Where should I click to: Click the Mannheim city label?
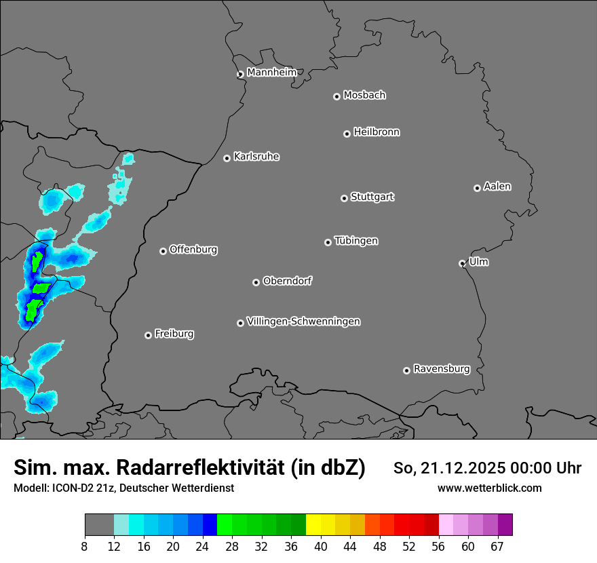click(271, 73)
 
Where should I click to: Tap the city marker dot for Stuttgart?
click(344, 198)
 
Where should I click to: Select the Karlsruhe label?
click(256, 157)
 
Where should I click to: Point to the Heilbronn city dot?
click(347, 134)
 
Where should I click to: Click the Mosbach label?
click(364, 96)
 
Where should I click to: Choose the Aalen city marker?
click(477, 188)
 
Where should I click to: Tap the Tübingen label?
click(356, 241)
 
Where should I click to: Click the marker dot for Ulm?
click(462, 263)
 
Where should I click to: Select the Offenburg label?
click(193, 250)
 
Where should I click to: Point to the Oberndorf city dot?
click(256, 282)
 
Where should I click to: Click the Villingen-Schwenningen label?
click(303, 322)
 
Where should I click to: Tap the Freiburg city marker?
click(148, 335)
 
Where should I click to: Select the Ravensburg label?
click(442, 369)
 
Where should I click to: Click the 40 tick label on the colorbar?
click(321, 547)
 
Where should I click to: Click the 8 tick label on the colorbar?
click(85, 547)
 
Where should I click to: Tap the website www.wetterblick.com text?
click(489, 488)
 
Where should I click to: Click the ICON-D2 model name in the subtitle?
click(69, 488)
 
